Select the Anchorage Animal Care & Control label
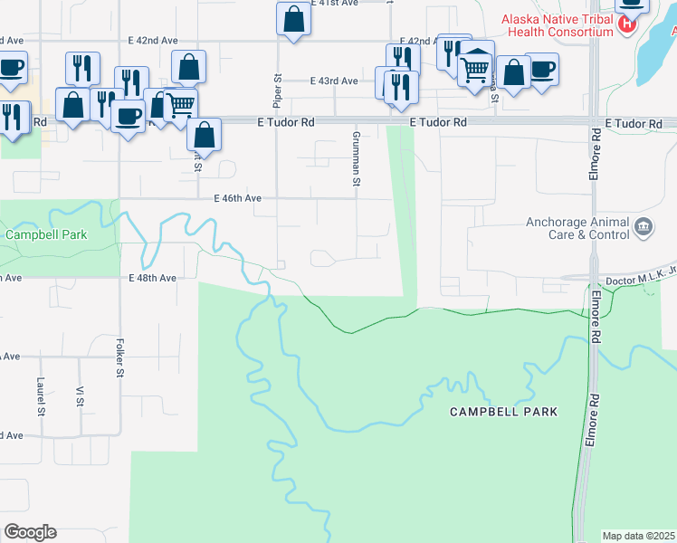point(577,228)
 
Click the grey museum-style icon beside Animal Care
point(644,226)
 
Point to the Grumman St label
point(356,157)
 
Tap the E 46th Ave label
point(238,198)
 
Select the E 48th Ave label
point(152,278)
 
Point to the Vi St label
point(80,396)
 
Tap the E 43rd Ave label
point(334,81)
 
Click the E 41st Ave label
point(336,4)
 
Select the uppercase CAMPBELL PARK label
point(504,412)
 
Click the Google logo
point(30,532)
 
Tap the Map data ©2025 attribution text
point(639,536)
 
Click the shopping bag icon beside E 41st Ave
point(294,19)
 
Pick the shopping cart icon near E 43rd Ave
point(475,68)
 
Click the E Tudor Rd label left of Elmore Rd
point(438,122)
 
